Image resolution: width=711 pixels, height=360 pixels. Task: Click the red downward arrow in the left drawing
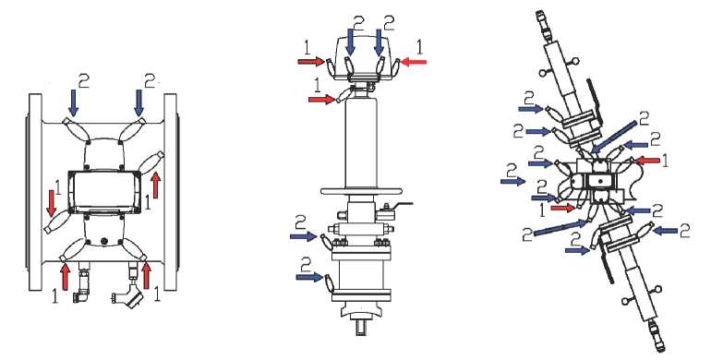[x=52, y=203]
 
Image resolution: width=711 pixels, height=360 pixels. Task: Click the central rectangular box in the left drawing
[x=104, y=192]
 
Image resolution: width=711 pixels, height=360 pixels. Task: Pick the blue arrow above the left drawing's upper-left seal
[x=73, y=102]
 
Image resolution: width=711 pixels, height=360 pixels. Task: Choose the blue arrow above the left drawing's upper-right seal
[x=139, y=102]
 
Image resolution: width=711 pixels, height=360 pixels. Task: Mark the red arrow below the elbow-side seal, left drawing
[x=66, y=276]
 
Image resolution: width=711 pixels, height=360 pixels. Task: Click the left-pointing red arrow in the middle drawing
[x=414, y=62]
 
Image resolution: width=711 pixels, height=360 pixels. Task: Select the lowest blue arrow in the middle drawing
[x=309, y=276]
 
